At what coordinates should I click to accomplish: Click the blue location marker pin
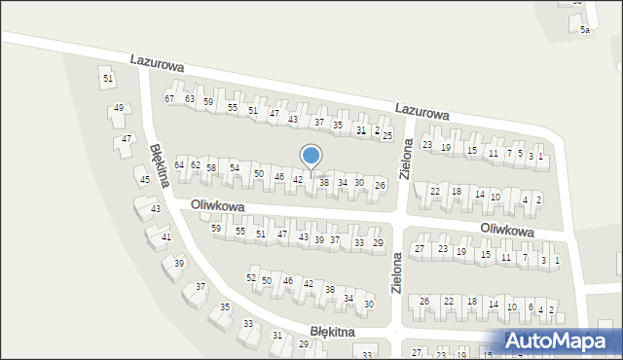coord(311,157)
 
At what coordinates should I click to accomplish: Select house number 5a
coord(585,31)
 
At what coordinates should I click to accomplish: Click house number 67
coord(169,99)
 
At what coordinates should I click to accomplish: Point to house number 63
coord(190,99)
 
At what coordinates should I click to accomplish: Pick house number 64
coord(179,165)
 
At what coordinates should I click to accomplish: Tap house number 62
coord(195,165)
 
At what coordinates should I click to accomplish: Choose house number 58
coord(210,168)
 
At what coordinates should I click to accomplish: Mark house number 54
coord(234,168)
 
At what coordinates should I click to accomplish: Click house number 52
coord(251,279)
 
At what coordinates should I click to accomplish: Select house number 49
coord(118,108)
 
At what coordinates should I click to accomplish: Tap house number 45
coord(144,180)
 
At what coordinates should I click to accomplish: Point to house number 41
coord(166,237)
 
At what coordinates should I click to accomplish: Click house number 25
coord(386,135)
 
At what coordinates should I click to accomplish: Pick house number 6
coord(531,307)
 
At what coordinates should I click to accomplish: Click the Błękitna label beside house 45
coord(161,166)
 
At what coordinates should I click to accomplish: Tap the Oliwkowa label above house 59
coord(215,205)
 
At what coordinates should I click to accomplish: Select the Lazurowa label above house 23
coord(422,113)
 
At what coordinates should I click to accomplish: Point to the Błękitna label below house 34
coord(333,332)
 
